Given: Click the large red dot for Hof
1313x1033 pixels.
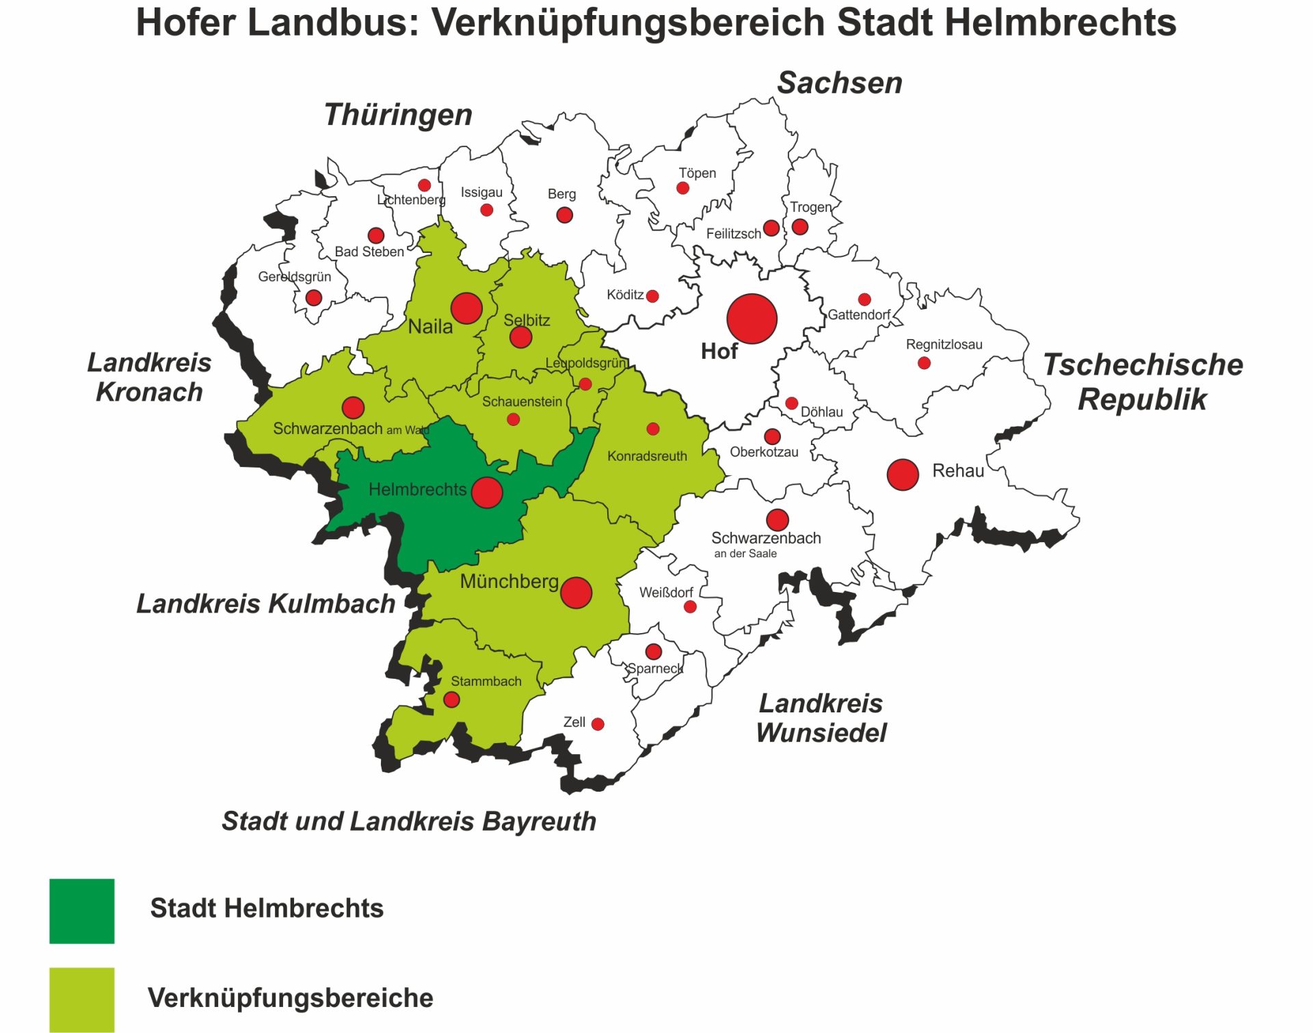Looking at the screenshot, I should pos(752,319).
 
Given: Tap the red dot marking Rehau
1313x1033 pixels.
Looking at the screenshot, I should pos(902,474).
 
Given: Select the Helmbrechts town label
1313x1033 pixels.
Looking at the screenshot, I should pos(417,489).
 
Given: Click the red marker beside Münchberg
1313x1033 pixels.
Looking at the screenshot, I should pos(576,593).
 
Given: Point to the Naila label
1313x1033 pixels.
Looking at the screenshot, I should pos(430,327).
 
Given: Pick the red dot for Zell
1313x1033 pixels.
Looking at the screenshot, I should pos(598,724).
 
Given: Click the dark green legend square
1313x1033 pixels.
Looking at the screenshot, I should pos(82,911).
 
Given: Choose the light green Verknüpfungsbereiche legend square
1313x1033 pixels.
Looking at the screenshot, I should pos(82,999).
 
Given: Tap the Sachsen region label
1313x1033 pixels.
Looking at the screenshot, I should pos(839,83).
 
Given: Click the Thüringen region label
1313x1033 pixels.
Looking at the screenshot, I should pos(398,115).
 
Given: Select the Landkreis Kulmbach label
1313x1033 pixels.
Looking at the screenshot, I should pos(265,604).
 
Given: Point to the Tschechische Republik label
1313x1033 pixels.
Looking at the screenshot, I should pos(1142,382).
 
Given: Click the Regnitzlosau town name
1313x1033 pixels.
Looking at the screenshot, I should pos(944,345).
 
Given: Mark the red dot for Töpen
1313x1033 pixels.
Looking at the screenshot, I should pos(682,188).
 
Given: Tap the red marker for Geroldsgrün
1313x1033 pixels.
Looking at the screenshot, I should pos(314,297).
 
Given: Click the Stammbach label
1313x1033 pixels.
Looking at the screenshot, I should pos(486,682).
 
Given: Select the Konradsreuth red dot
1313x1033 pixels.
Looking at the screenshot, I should pos(652,429).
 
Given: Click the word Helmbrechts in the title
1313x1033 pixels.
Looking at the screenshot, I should pos(1006,23).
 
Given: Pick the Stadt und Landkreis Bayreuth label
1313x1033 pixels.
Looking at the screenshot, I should pos(409,821).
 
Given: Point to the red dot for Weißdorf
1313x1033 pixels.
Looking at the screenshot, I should pos(690,606).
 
